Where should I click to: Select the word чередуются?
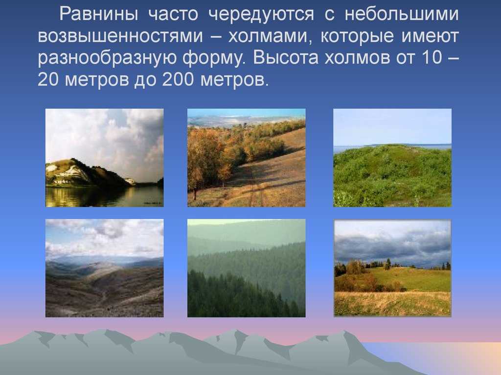(260, 15)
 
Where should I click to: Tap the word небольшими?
(402, 15)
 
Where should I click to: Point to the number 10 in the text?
(429, 59)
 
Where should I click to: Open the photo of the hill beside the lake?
(104, 158)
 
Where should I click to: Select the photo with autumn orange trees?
(246, 158)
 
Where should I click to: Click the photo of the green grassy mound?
(392, 158)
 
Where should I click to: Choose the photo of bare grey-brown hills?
(104, 268)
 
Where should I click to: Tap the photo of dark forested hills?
(246, 268)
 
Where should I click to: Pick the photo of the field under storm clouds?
(392, 268)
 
